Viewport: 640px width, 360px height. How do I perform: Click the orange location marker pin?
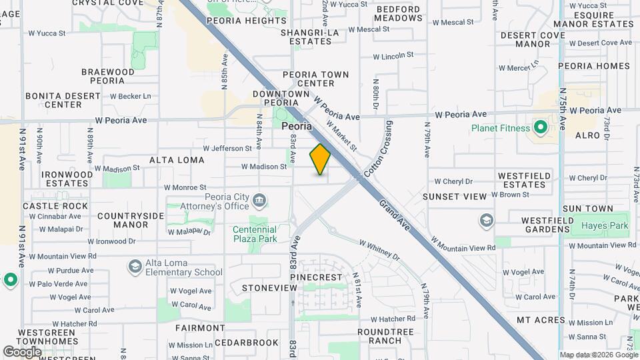pos(320,159)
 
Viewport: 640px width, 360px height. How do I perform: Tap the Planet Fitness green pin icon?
pos(541,127)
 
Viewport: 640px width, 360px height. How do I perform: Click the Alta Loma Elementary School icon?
pos(135,267)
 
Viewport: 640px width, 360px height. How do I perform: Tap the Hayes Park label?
pos(605,226)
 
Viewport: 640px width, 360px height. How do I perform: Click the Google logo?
pos(22,351)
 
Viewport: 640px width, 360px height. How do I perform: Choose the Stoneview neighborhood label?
pos(269,288)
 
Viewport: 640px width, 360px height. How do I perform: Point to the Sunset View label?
pos(455,197)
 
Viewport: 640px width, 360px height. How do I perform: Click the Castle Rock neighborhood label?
pos(55,206)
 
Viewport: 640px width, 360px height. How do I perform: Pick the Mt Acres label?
pos(541,320)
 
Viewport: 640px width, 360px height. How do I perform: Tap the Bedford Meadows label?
pos(398,14)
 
